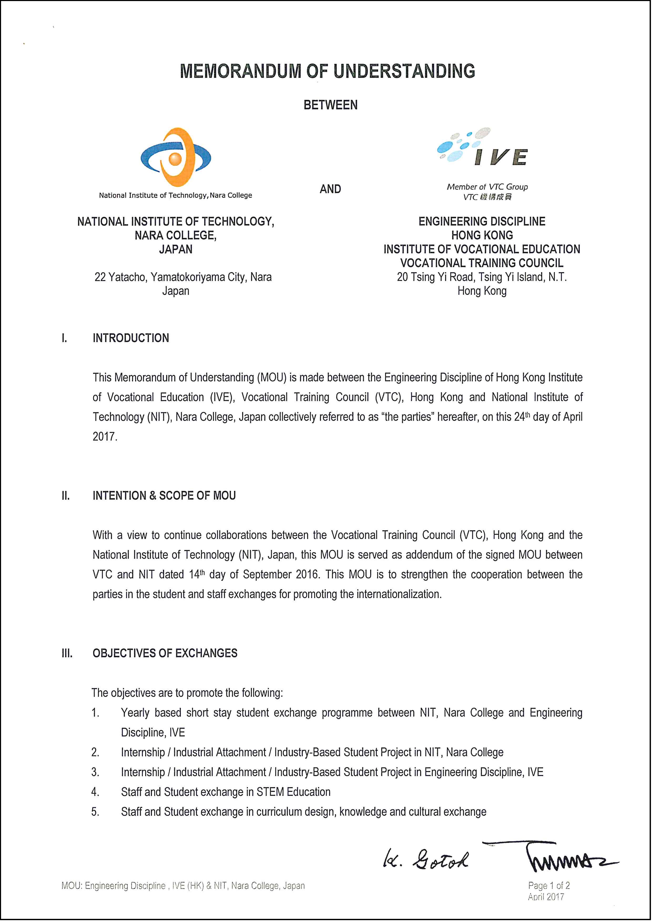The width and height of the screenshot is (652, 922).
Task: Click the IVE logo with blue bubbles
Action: click(482, 147)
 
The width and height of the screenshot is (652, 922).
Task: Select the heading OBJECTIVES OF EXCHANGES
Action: click(165, 653)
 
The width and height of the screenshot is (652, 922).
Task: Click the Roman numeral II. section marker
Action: click(65, 496)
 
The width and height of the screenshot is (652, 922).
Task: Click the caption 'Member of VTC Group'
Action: click(487, 187)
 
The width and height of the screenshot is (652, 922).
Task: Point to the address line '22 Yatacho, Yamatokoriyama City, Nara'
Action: click(183, 277)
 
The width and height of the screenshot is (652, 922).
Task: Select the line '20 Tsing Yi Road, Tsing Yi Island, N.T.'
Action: click(482, 277)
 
